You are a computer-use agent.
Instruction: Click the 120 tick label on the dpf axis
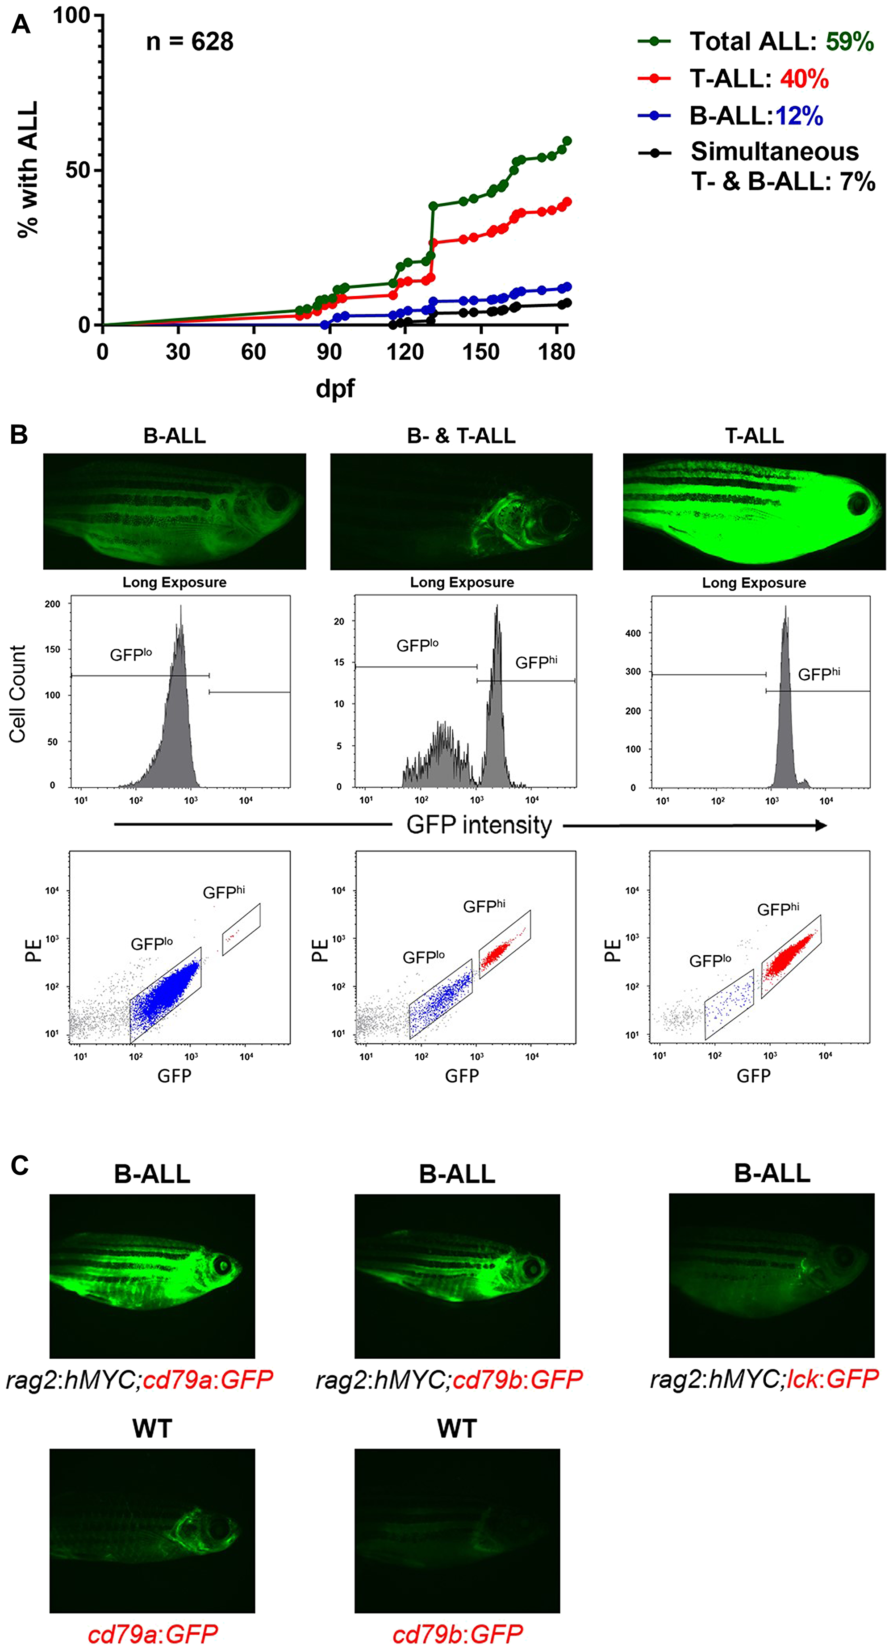coord(405,352)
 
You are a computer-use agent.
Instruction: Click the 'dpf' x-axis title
coord(335,388)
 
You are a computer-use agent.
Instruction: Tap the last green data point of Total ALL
coord(567,141)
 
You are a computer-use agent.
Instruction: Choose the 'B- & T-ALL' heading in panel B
coord(461,436)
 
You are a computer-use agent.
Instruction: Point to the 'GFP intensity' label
coord(479,825)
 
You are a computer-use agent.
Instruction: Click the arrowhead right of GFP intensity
coord(821,826)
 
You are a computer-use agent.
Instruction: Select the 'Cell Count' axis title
coord(18,694)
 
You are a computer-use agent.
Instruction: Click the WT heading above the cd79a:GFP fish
coord(152,1429)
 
